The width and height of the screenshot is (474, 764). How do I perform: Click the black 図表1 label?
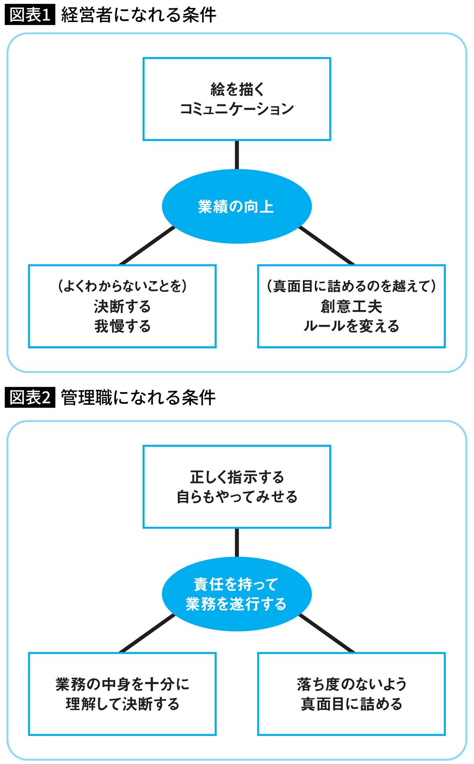point(30,15)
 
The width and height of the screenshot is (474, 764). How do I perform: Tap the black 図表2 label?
point(30,398)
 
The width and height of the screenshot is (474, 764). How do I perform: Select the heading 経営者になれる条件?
point(138,15)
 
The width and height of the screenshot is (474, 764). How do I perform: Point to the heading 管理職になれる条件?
point(138,398)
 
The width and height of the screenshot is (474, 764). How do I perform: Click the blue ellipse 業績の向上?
point(237,206)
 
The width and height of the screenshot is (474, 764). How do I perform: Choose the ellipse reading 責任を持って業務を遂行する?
point(237,594)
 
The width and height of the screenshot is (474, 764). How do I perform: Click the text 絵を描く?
point(237,89)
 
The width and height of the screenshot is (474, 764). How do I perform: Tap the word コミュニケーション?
point(237,109)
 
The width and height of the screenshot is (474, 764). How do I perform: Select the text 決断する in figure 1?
point(122,306)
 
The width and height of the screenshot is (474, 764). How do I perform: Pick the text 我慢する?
point(122,326)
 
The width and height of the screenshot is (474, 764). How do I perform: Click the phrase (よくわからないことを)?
point(122,286)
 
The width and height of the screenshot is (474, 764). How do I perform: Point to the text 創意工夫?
point(351,306)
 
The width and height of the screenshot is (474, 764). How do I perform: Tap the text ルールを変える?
point(351,326)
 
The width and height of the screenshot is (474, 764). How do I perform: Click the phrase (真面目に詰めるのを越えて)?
point(351,286)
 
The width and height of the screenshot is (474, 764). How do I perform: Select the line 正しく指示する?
point(237,477)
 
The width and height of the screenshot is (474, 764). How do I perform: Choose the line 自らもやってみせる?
point(237,497)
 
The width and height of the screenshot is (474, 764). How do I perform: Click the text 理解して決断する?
point(122,704)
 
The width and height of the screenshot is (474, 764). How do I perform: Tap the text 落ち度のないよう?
point(351,684)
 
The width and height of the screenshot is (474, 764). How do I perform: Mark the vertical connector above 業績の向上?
point(237,155)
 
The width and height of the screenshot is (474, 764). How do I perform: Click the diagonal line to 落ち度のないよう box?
point(327,633)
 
